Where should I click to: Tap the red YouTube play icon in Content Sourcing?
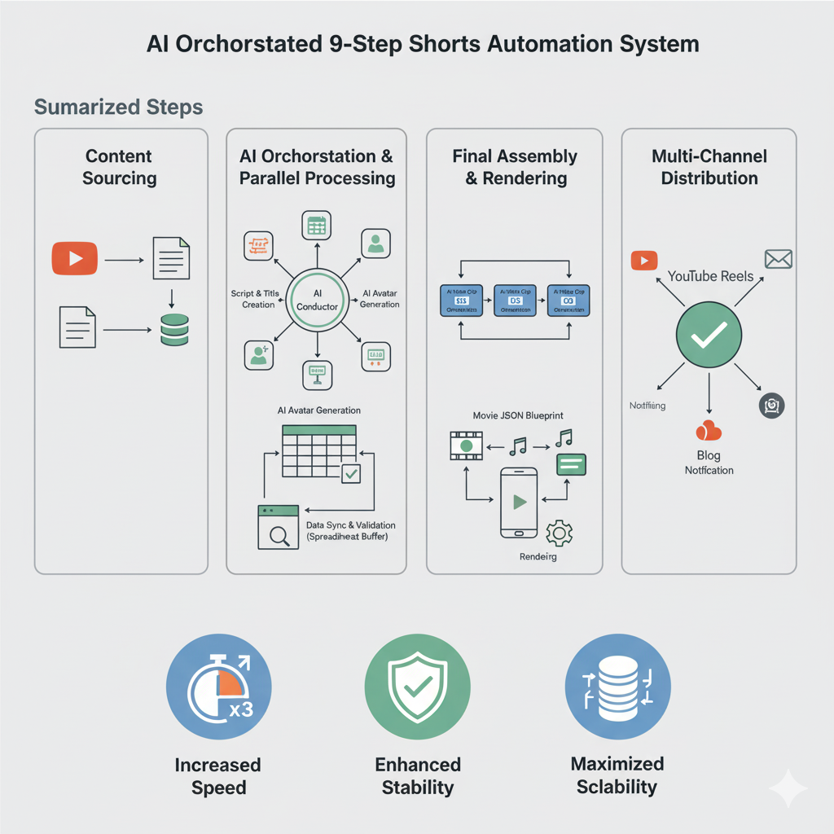74,259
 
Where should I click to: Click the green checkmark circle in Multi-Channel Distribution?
709,335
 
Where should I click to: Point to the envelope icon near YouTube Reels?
779,259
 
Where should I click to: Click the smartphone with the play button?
518,502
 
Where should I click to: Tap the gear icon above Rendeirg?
559,533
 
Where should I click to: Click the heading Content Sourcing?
119,167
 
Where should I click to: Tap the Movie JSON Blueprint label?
518,415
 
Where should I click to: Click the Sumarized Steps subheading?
119,108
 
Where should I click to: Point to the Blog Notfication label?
709,463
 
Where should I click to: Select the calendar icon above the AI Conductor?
315,226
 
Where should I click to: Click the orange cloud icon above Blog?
709,432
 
